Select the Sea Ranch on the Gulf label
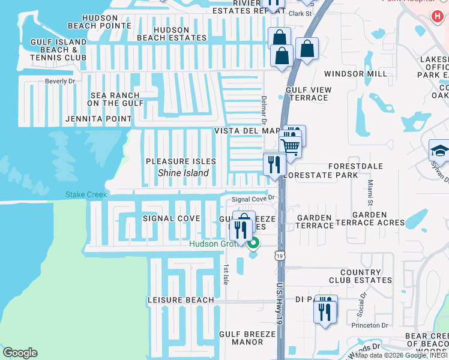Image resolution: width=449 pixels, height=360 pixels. point(115,99)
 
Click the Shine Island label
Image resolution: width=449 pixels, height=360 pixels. point(183,173)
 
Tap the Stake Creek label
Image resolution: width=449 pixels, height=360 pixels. point(86,194)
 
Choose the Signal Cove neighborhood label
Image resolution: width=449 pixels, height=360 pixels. point(171,218)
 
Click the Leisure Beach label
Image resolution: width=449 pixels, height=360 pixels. point(181,300)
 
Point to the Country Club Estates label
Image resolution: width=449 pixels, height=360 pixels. point(361,277)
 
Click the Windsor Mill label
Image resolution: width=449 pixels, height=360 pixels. point(356,74)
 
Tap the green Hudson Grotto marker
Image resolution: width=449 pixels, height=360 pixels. point(253,244)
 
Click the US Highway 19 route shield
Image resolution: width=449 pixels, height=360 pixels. point(281,256)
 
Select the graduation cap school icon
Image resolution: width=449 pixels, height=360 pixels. point(439,151)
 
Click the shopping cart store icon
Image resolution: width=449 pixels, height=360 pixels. point(291,145)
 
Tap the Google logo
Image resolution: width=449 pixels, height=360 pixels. point(20,353)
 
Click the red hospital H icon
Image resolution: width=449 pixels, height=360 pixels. point(434,15)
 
